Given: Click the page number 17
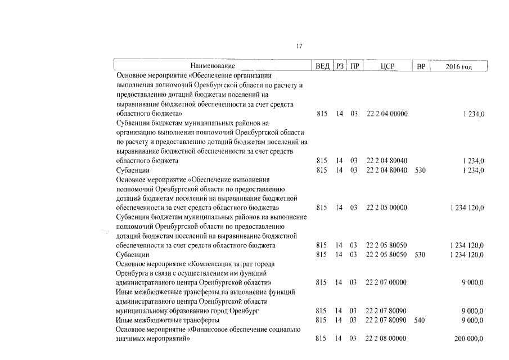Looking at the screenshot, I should (x=299, y=46).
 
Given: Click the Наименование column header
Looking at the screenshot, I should (x=213, y=66).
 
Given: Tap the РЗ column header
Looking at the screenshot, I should (x=340, y=66).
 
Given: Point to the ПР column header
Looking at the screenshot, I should (x=354, y=66).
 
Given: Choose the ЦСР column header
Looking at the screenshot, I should (x=388, y=66).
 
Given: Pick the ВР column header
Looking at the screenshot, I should (x=421, y=66).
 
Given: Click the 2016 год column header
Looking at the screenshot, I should (x=458, y=66).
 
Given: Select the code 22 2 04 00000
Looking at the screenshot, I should (x=387, y=114).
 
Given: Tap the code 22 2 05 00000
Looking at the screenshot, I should (x=387, y=208).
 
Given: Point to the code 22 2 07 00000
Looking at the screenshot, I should (x=387, y=282).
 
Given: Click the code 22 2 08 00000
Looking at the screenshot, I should (x=387, y=339).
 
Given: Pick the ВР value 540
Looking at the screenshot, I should (x=421, y=320).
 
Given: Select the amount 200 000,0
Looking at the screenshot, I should (x=469, y=339).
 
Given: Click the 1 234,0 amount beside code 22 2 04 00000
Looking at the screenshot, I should (x=474, y=114).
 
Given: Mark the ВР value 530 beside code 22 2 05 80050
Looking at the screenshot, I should (x=421, y=254).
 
